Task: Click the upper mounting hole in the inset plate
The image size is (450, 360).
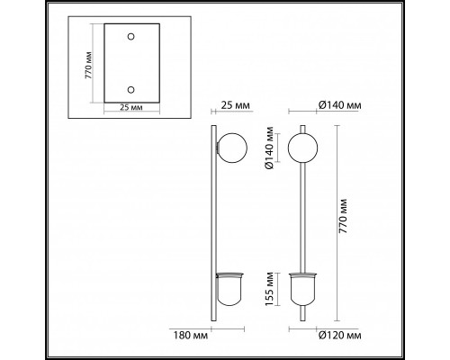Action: (130, 35)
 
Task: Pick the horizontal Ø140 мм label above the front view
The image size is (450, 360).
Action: (339, 105)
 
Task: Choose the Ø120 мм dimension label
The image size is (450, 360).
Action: (339, 335)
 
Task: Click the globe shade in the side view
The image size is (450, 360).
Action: (233, 146)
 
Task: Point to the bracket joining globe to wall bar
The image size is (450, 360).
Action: (219, 146)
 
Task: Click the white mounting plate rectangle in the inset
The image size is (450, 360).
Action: (130, 62)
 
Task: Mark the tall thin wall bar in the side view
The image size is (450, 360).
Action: (214, 225)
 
